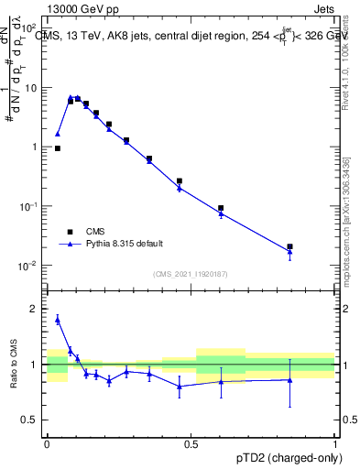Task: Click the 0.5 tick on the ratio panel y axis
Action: [x=32, y=420]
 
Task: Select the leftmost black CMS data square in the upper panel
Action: [x=58, y=147]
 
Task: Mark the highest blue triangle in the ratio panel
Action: [x=58, y=319]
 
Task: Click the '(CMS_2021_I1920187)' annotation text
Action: [x=191, y=273]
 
